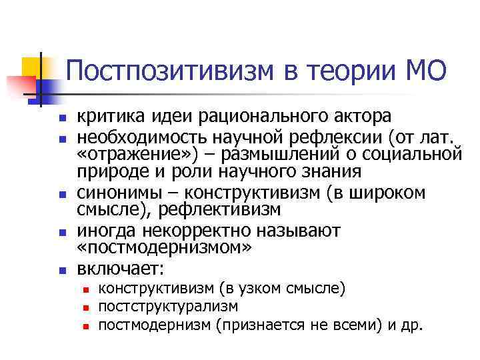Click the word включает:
(120, 269)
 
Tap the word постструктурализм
(167, 307)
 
